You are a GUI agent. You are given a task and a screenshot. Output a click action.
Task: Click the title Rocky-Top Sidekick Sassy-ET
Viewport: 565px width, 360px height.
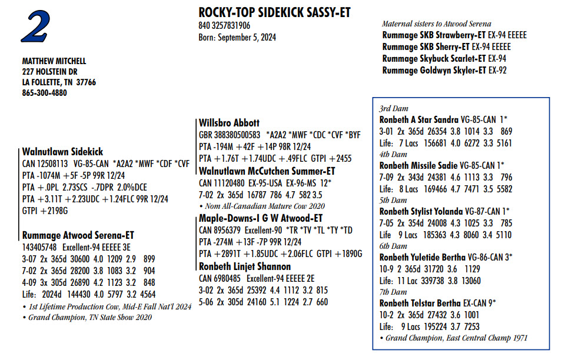click(275, 13)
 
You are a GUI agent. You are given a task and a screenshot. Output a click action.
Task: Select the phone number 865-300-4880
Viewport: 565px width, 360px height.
click(45, 93)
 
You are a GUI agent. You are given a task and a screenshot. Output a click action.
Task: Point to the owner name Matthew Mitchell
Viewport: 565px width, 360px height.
click(54, 61)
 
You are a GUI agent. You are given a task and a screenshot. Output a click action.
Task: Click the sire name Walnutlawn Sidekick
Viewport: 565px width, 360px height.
click(62, 152)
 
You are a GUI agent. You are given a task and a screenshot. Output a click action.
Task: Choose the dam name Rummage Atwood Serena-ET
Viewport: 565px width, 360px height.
click(78, 235)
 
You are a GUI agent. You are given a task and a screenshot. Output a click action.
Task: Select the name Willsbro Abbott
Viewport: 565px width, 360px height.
click(229, 123)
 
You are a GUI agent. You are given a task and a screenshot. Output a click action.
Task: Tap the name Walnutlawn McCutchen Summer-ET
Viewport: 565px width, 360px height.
click(267, 171)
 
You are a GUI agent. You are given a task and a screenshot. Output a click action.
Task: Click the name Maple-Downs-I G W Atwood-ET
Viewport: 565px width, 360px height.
click(261, 218)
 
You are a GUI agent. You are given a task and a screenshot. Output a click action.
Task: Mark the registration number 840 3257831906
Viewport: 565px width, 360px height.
click(224, 26)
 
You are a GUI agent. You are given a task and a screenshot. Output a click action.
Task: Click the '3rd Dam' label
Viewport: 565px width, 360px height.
click(393, 109)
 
